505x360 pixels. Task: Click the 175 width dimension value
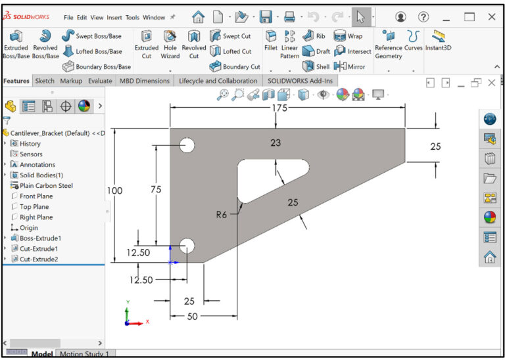click(279, 108)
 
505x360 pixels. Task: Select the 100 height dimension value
click(114, 191)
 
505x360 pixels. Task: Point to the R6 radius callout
click(222, 214)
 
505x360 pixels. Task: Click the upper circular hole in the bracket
click(187, 145)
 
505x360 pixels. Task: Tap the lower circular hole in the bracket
click(187, 246)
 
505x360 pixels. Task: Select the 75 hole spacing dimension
click(156, 189)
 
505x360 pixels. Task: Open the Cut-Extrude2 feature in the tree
click(39, 259)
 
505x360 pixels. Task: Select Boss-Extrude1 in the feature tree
click(40, 238)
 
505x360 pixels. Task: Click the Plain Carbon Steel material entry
click(46, 185)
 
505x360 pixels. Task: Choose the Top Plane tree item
click(34, 206)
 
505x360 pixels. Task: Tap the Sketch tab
click(45, 81)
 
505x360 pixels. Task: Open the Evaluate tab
click(100, 81)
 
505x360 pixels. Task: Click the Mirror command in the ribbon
click(350, 66)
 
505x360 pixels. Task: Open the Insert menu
click(114, 17)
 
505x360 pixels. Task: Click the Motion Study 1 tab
click(84, 354)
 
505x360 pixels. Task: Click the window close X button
click(491, 17)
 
